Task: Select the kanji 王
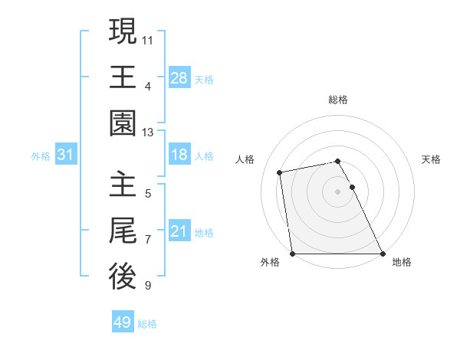[x=123, y=77]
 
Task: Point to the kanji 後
[x=123, y=277]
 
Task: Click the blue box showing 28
[x=179, y=77]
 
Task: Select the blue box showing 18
[x=179, y=155]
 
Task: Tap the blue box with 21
[x=179, y=232]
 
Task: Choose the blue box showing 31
[x=66, y=155]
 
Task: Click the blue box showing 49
[x=123, y=323]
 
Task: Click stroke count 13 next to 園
[x=148, y=133]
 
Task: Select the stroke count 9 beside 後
[x=148, y=286]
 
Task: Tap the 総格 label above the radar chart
[x=338, y=100]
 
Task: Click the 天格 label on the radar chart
[x=431, y=159]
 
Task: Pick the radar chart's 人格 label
[x=245, y=159]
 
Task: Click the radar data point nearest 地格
[x=383, y=254]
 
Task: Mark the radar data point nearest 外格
[x=293, y=254]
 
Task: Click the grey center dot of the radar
[x=338, y=191]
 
